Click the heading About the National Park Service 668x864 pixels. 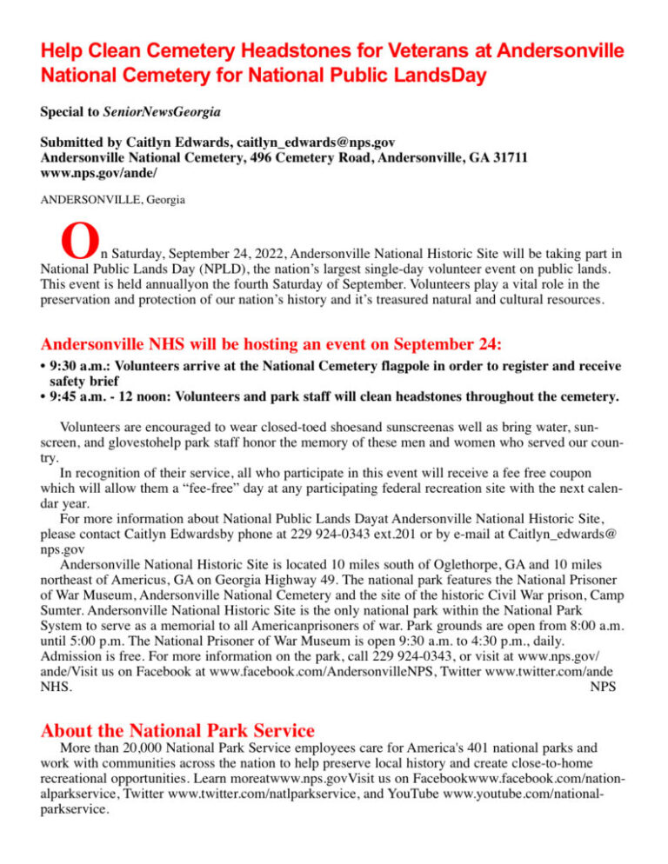[177, 728]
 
